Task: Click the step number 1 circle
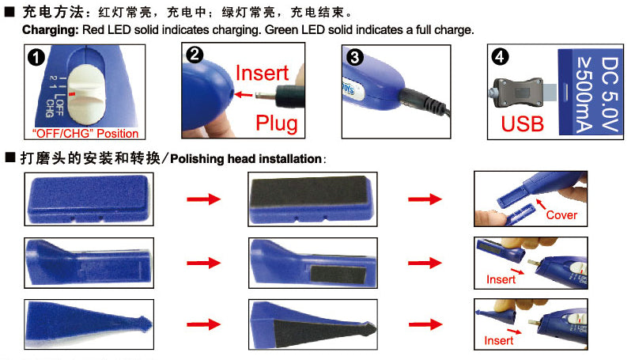[37, 59]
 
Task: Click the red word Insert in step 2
[262, 73]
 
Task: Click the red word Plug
[276, 123]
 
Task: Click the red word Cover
[561, 214]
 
